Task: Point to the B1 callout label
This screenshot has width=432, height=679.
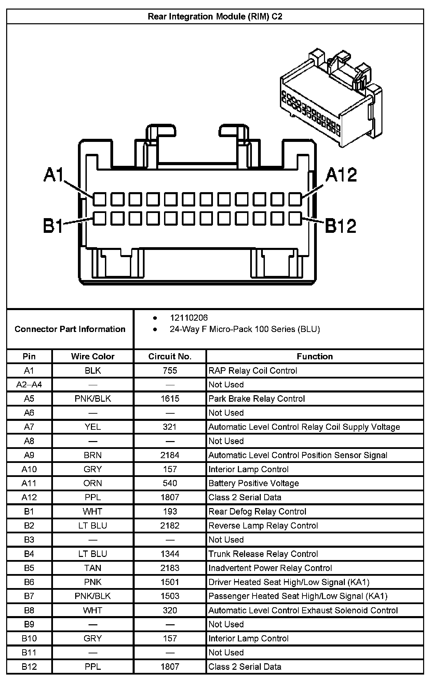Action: (x=53, y=226)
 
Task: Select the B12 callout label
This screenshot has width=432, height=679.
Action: (x=340, y=226)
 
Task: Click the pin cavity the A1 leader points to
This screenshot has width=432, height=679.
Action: (x=99, y=199)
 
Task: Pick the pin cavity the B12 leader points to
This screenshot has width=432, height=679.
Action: (x=295, y=218)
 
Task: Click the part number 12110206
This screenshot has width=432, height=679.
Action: (x=189, y=318)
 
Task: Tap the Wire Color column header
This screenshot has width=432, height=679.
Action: (x=93, y=356)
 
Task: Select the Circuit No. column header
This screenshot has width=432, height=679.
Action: (x=170, y=356)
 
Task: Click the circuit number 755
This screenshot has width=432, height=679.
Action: (x=170, y=371)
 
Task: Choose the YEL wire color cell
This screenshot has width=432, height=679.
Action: (x=93, y=427)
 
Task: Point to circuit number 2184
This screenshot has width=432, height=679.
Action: (x=170, y=455)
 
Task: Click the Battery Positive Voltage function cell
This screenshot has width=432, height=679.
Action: (x=254, y=483)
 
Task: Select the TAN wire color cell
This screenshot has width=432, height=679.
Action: (x=93, y=568)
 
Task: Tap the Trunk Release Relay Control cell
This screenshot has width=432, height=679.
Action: (x=263, y=554)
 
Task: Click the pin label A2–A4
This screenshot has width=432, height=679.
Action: (x=29, y=385)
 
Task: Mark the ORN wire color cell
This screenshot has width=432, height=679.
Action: (x=93, y=483)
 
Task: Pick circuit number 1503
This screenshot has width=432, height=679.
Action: (x=170, y=596)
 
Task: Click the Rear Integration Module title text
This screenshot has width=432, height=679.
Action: (x=215, y=16)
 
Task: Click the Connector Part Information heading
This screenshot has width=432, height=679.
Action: (x=70, y=329)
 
